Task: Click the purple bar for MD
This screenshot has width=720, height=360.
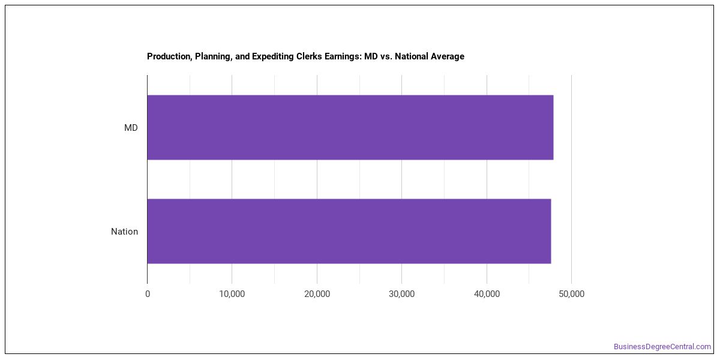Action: tap(350, 127)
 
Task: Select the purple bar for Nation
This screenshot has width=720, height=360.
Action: tap(349, 231)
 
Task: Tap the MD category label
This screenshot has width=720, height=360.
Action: tap(131, 128)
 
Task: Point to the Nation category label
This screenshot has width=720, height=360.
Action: tap(124, 232)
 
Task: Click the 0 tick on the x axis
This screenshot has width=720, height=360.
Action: tap(148, 294)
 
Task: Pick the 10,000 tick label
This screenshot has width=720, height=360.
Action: tap(232, 294)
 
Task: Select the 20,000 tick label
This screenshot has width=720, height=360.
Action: tap(317, 294)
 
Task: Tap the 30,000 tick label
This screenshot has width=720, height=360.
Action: tap(402, 294)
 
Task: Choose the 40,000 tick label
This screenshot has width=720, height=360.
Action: tap(487, 294)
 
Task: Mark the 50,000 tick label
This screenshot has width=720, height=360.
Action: tap(571, 294)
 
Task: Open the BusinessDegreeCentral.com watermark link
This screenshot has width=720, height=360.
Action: tap(662, 347)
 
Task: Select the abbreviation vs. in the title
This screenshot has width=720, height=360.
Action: tap(386, 57)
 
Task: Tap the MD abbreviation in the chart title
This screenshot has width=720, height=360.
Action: tap(371, 56)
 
